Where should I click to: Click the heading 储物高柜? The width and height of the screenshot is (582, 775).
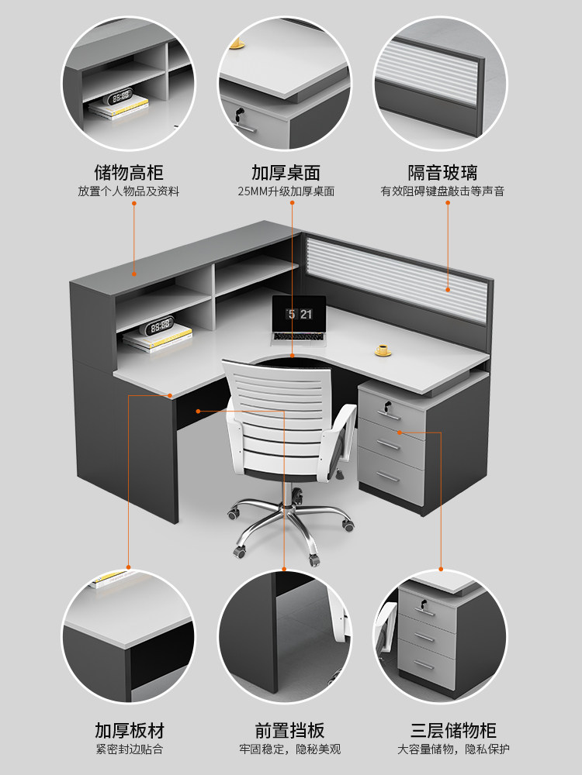(128, 172)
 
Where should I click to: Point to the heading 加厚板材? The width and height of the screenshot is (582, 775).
(130, 730)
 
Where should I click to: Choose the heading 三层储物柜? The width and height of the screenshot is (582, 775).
(453, 730)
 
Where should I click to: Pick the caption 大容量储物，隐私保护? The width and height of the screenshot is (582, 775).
(453, 749)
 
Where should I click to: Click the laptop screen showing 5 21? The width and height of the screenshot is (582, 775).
(300, 314)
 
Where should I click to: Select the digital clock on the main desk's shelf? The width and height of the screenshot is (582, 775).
(160, 325)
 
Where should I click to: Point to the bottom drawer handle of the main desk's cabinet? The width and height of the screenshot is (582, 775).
(390, 477)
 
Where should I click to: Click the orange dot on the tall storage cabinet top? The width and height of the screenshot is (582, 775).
(133, 273)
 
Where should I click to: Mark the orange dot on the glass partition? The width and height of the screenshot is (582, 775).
(448, 289)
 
